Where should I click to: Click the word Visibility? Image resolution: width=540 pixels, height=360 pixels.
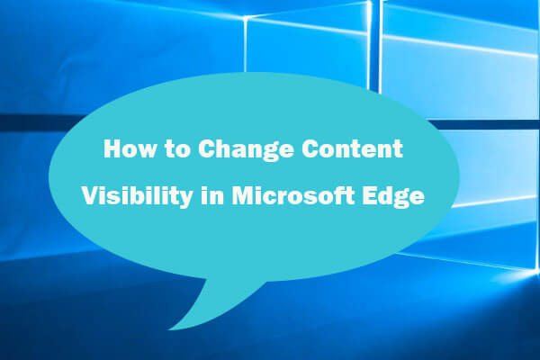tap(128, 197)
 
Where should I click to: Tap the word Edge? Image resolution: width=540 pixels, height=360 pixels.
tap(387, 198)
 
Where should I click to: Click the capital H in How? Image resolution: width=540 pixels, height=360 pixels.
tap(112, 150)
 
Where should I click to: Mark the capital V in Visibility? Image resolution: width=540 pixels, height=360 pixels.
tap(90, 197)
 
